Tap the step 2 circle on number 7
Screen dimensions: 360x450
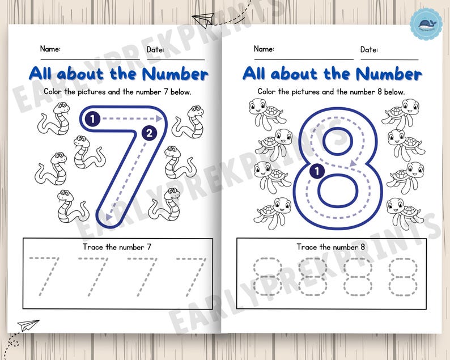point(148,134)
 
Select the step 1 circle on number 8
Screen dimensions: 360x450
point(318,168)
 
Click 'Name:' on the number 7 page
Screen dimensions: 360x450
point(50,49)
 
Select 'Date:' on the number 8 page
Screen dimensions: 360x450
point(369,50)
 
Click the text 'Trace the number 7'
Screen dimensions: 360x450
point(117,247)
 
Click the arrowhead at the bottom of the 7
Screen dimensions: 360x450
point(103,215)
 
